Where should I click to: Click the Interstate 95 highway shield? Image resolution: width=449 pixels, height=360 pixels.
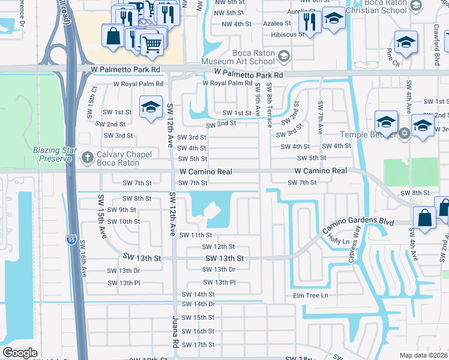70,240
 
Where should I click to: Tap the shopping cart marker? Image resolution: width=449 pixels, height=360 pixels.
151,43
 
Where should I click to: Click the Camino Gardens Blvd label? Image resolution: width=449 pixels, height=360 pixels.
358,222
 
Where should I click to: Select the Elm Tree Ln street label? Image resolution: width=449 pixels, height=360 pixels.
310,295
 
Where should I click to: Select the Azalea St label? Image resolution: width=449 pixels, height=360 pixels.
277,23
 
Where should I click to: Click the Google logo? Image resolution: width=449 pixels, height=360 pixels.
20,353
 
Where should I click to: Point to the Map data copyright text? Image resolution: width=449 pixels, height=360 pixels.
423,355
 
